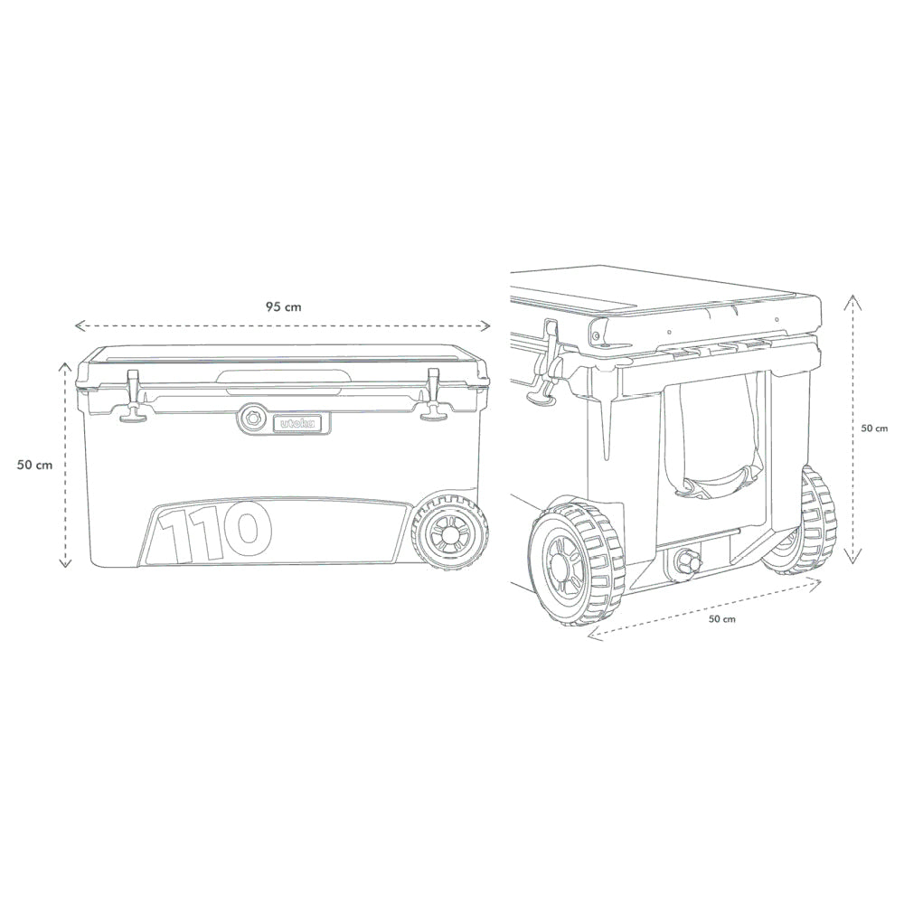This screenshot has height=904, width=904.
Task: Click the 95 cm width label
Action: coord(283,306)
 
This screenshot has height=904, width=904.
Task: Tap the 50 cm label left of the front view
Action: coord(34,465)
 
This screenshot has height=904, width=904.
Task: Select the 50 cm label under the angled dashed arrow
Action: coord(721,619)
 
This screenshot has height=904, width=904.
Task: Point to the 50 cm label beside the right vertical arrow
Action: coord(874,428)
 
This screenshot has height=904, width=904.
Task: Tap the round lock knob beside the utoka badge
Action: coord(252,420)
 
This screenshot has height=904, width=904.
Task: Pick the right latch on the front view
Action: coord(433,396)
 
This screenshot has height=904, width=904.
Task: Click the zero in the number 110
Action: coord(245,532)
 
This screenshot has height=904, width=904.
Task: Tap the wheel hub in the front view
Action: coord(448,533)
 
